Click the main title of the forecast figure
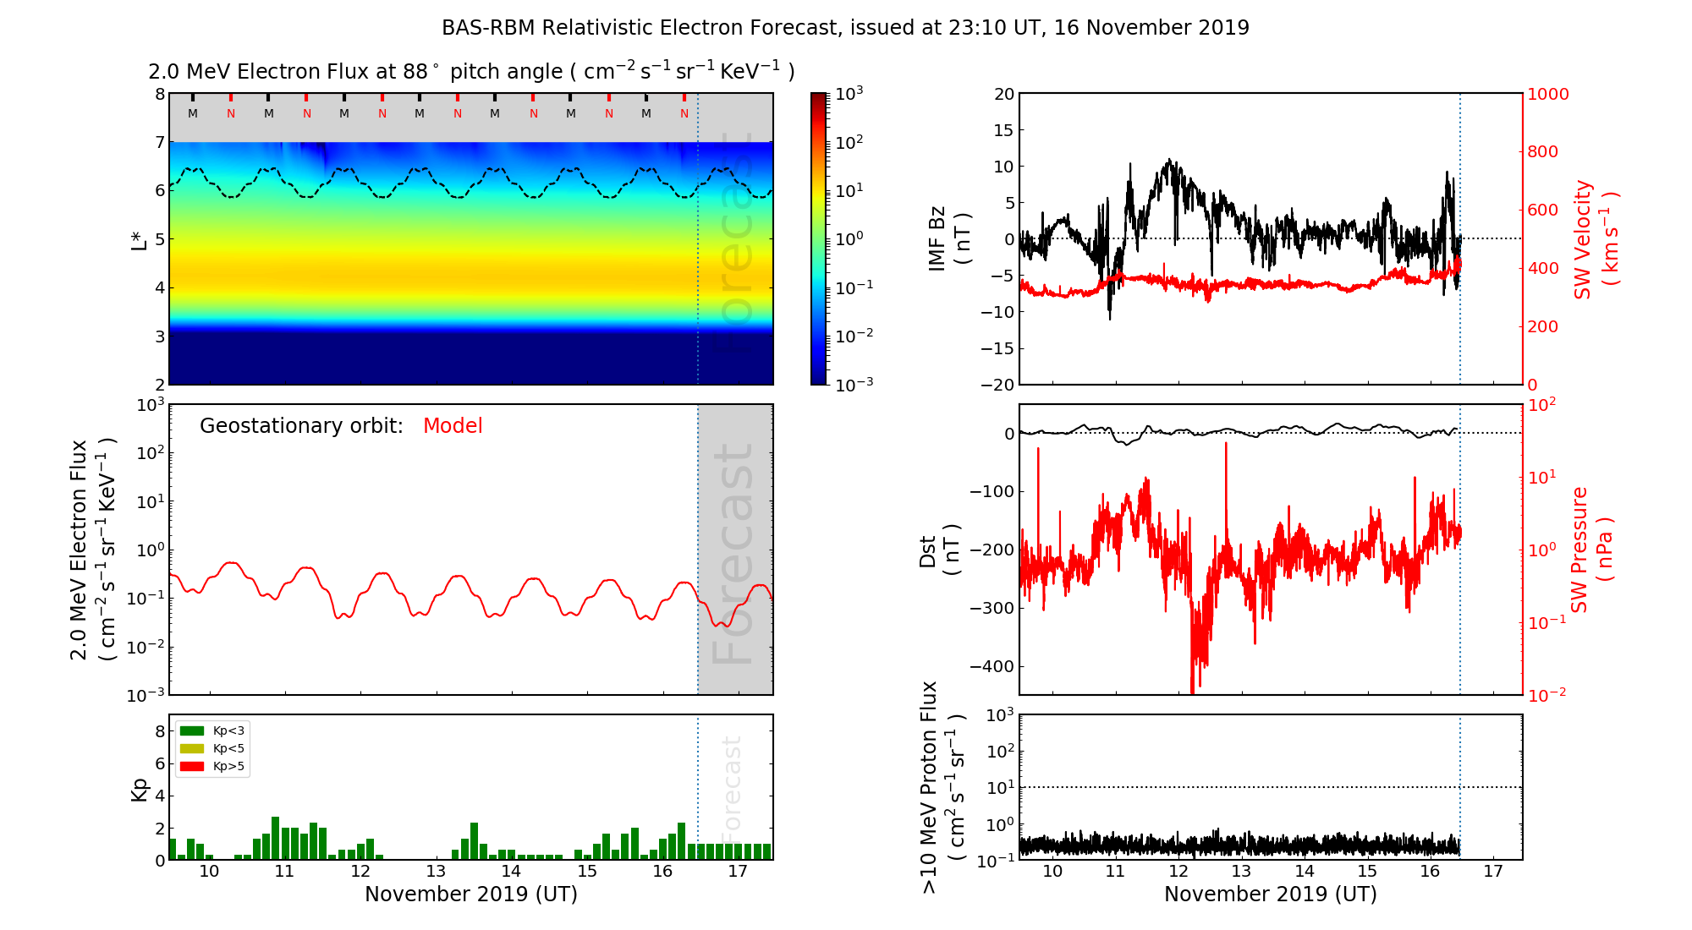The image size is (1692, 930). [845, 28]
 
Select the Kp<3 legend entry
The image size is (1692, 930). [214, 731]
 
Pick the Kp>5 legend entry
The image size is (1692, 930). [214, 767]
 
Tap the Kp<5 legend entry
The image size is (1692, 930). [214, 749]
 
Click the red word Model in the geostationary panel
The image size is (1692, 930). [453, 426]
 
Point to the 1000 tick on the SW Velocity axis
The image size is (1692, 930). [1547, 94]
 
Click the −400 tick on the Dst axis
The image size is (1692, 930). [992, 666]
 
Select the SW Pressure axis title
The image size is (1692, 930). [1591, 550]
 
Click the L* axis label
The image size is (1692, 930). [139, 239]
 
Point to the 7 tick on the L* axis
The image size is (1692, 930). [159, 142]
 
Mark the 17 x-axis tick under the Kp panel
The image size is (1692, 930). [738, 872]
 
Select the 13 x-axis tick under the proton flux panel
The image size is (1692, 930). [1241, 872]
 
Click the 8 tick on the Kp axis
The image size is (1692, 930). [159, 731]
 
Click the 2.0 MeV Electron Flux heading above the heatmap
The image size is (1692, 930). [471, 72]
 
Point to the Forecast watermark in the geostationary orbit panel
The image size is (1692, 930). [733, 554]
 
